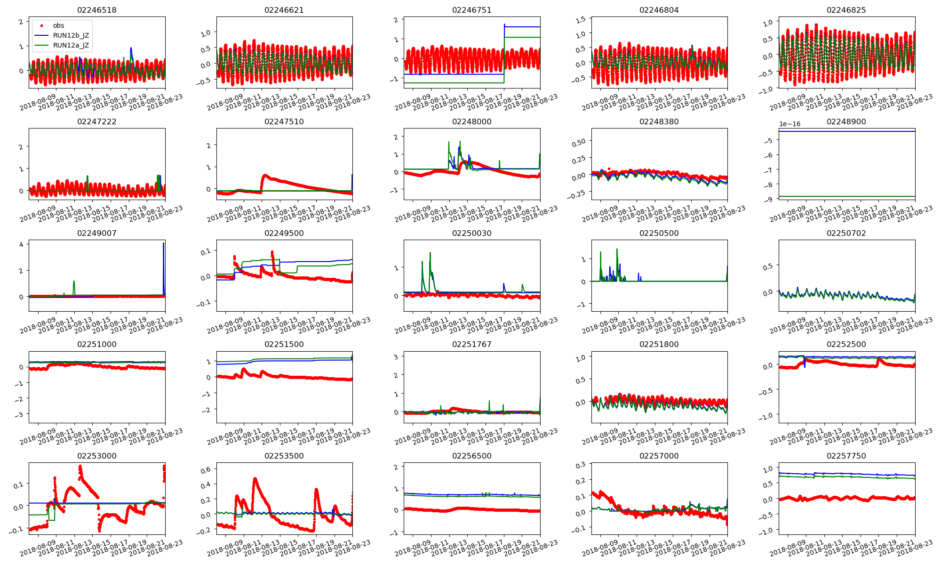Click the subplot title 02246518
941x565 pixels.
tap(96, 10)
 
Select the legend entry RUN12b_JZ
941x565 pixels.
tap(71, 35)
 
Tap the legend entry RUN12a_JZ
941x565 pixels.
tap(71, 45)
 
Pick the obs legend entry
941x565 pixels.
tap(58, 25)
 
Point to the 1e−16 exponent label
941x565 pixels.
tap(789, 124)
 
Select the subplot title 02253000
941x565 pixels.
tap(96, 456)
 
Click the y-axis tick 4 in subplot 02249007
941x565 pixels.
tap(21, 244)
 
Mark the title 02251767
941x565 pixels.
tap(471, 344)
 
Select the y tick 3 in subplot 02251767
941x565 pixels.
tap(396, 356)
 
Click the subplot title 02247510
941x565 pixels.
tap(284, 121)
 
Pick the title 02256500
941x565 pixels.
tap(471, 456)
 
